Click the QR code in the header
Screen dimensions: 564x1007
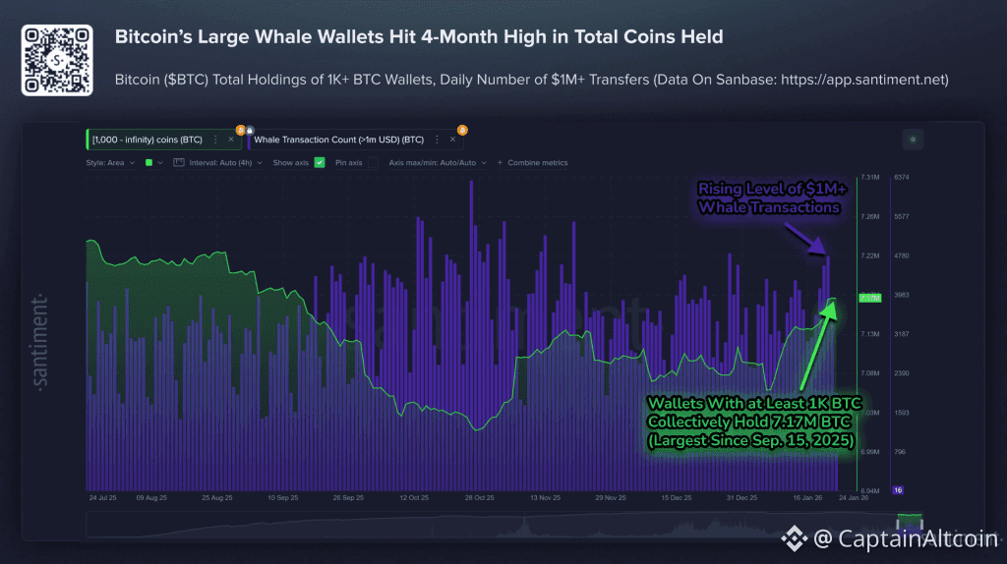57,60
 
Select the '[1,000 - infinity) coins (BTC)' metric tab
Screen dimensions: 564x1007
147,140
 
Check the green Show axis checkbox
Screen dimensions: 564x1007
320,162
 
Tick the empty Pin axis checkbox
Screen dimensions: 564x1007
373,162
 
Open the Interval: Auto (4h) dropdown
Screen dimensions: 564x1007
215,162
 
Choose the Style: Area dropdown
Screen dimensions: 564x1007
106,162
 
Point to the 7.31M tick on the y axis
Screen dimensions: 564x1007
869,177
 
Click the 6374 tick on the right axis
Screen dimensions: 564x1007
901,177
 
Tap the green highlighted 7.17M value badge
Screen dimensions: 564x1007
870,297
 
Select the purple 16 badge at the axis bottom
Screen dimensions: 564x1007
898,489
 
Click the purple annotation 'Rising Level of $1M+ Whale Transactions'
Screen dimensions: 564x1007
768,197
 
